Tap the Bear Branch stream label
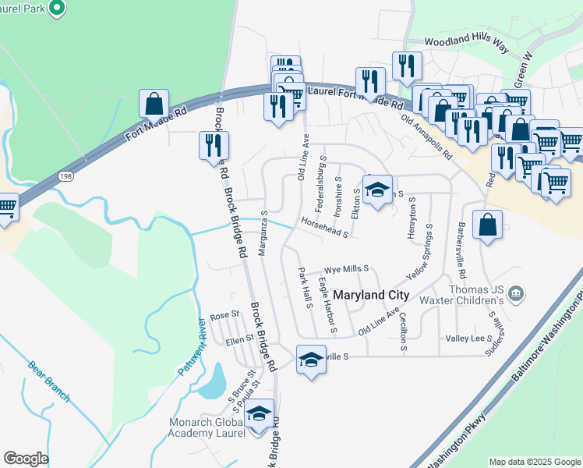48,381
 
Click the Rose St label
224,317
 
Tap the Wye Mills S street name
346,268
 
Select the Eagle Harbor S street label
326,304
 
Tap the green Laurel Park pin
56,8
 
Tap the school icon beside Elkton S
377,190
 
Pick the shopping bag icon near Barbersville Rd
487,225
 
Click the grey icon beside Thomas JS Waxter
515,294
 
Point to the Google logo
26,459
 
